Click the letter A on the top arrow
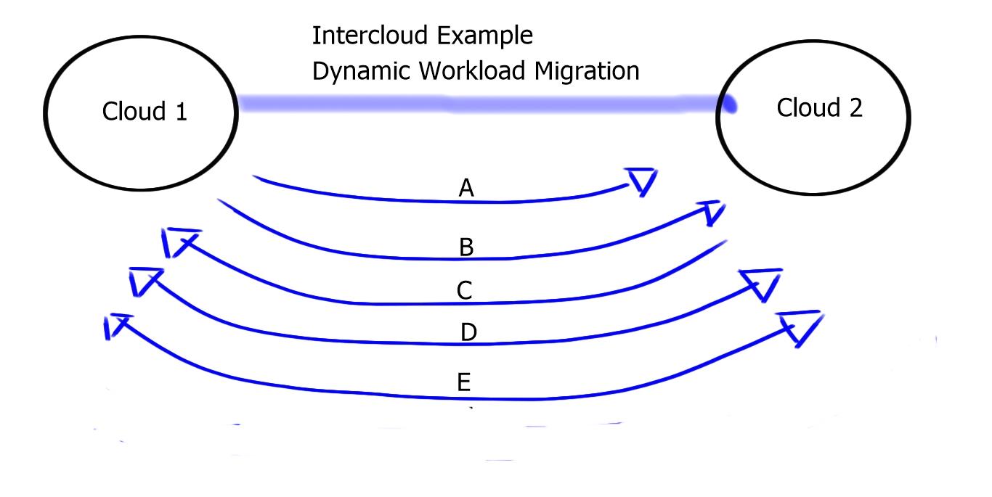click(466, 189)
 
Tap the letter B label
click(466, 248)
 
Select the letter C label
click(465, 291)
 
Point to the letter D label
click(468, 333)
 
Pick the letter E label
click(465, 382)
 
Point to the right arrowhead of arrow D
click(763, 284)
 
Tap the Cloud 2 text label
click(820, 108)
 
